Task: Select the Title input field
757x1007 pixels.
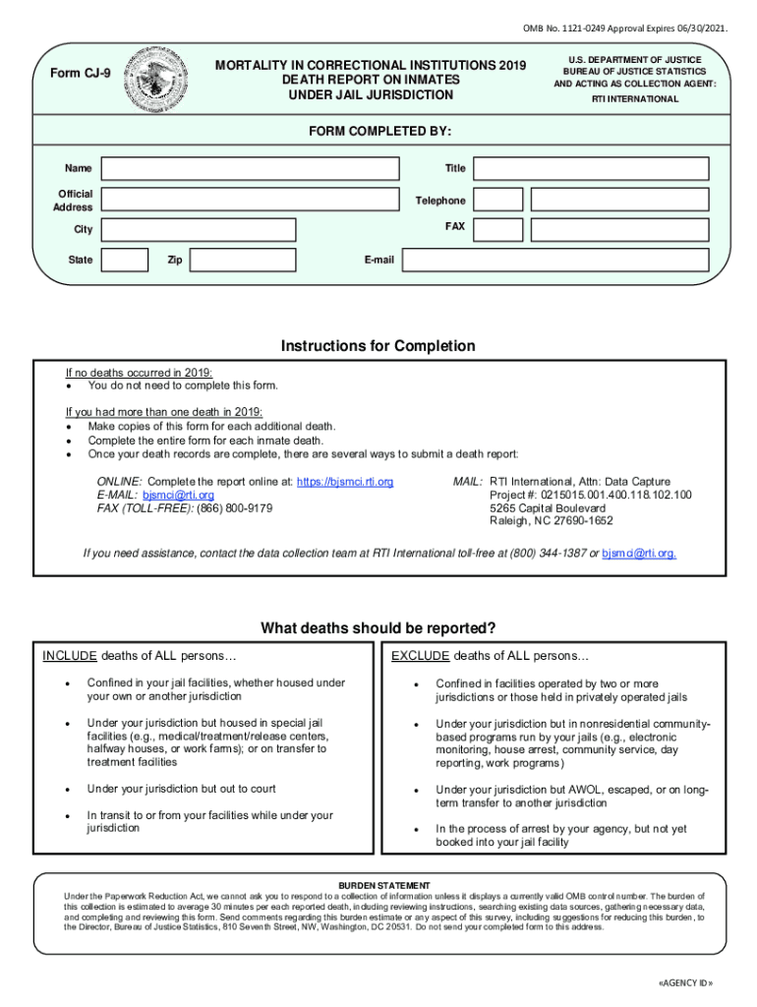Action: pyautogui.click(x=590, y=168)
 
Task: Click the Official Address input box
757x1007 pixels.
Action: pyautogui.click(x=252, y=200)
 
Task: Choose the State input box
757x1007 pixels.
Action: pyautogui.click(x=126, y=260)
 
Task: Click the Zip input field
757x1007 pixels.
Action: pyautogui.click(x=243, y=260)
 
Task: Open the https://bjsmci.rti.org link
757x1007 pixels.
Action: pyautogui.click(x=345, y=481)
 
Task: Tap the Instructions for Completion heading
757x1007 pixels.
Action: pyautogui.click(x=378, y=346)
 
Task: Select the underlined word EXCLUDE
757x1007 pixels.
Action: pyautogui.click(x=420, y=656)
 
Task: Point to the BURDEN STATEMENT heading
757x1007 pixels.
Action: pyautogui.click(x=378, y=885)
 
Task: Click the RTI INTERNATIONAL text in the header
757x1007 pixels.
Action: pyautogui.click(x=634, y=99)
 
